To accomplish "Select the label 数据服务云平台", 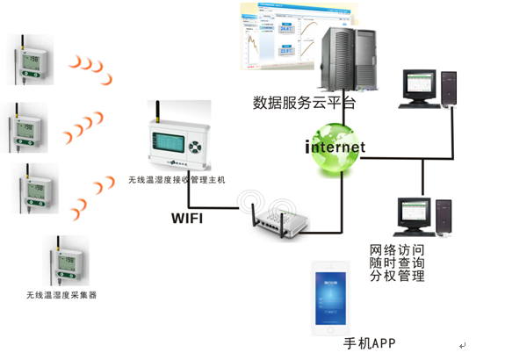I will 304,102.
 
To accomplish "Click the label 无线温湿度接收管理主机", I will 177,180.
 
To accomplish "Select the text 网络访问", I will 397,250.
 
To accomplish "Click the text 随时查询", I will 397,263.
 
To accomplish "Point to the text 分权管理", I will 397,277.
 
